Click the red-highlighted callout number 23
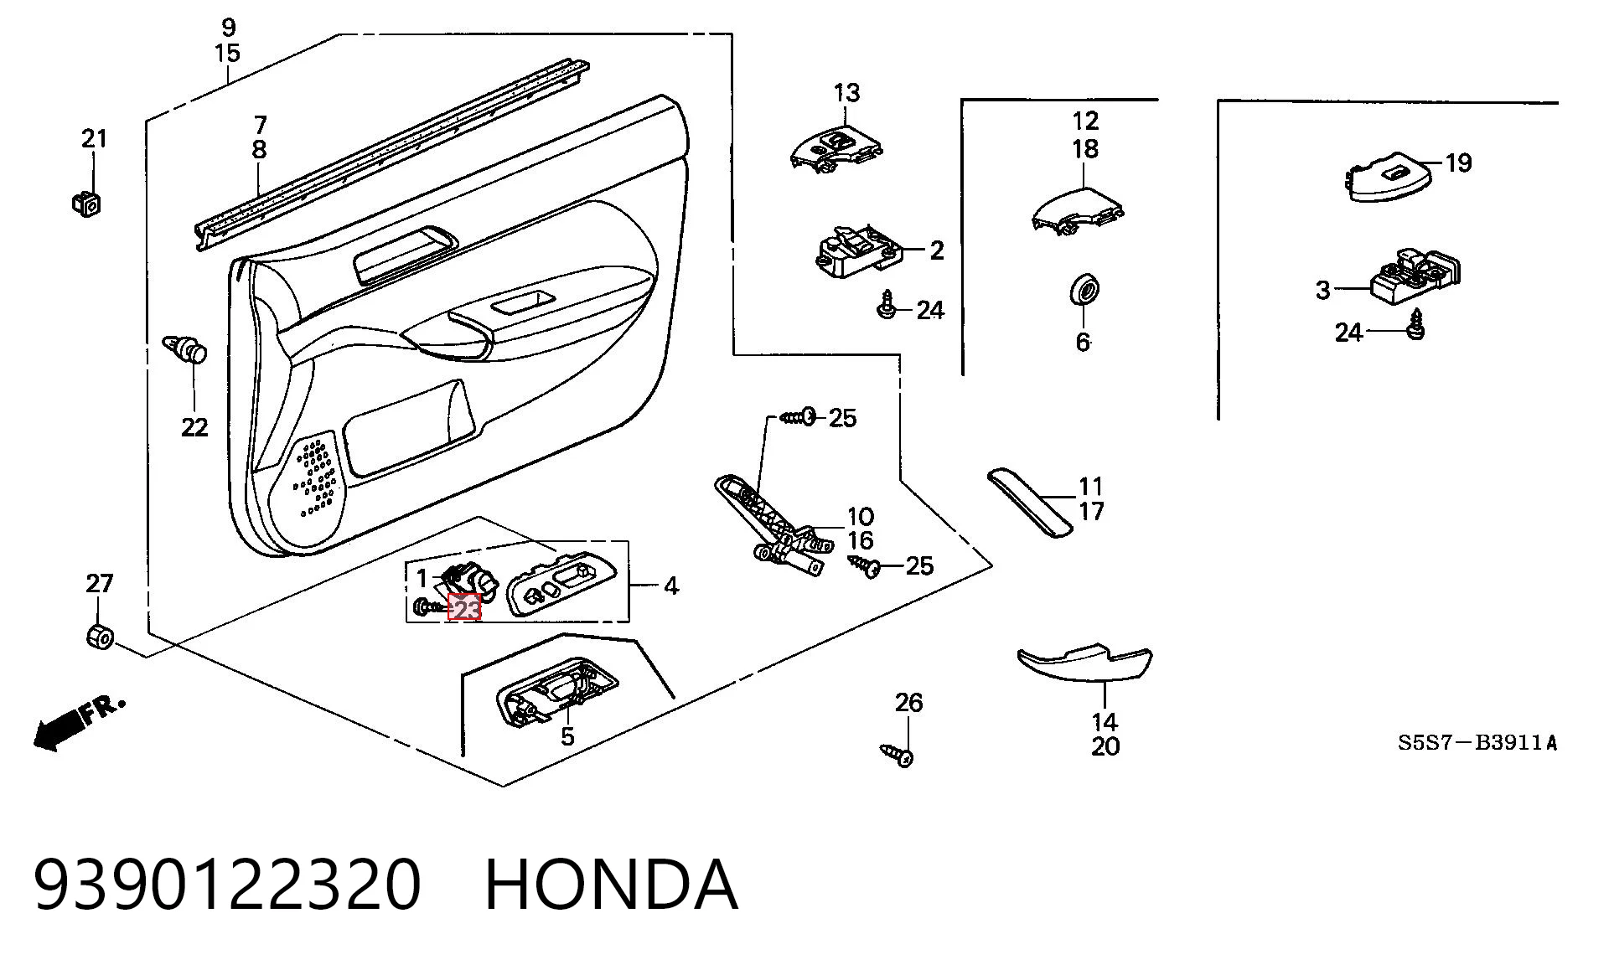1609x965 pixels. [x=465, y=607]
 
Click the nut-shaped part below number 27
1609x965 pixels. [x=100, y=636]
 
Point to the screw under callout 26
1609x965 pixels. [x=897, y=754]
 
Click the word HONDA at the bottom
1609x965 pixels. [x=611, y=885]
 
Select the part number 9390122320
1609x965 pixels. [x=227, y=885]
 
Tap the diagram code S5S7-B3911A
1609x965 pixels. [x=1477, y=742]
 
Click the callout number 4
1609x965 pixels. [x=670, y=586]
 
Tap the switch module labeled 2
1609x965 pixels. [x=859, y=250]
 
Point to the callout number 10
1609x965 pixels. [x=861, y=517]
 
